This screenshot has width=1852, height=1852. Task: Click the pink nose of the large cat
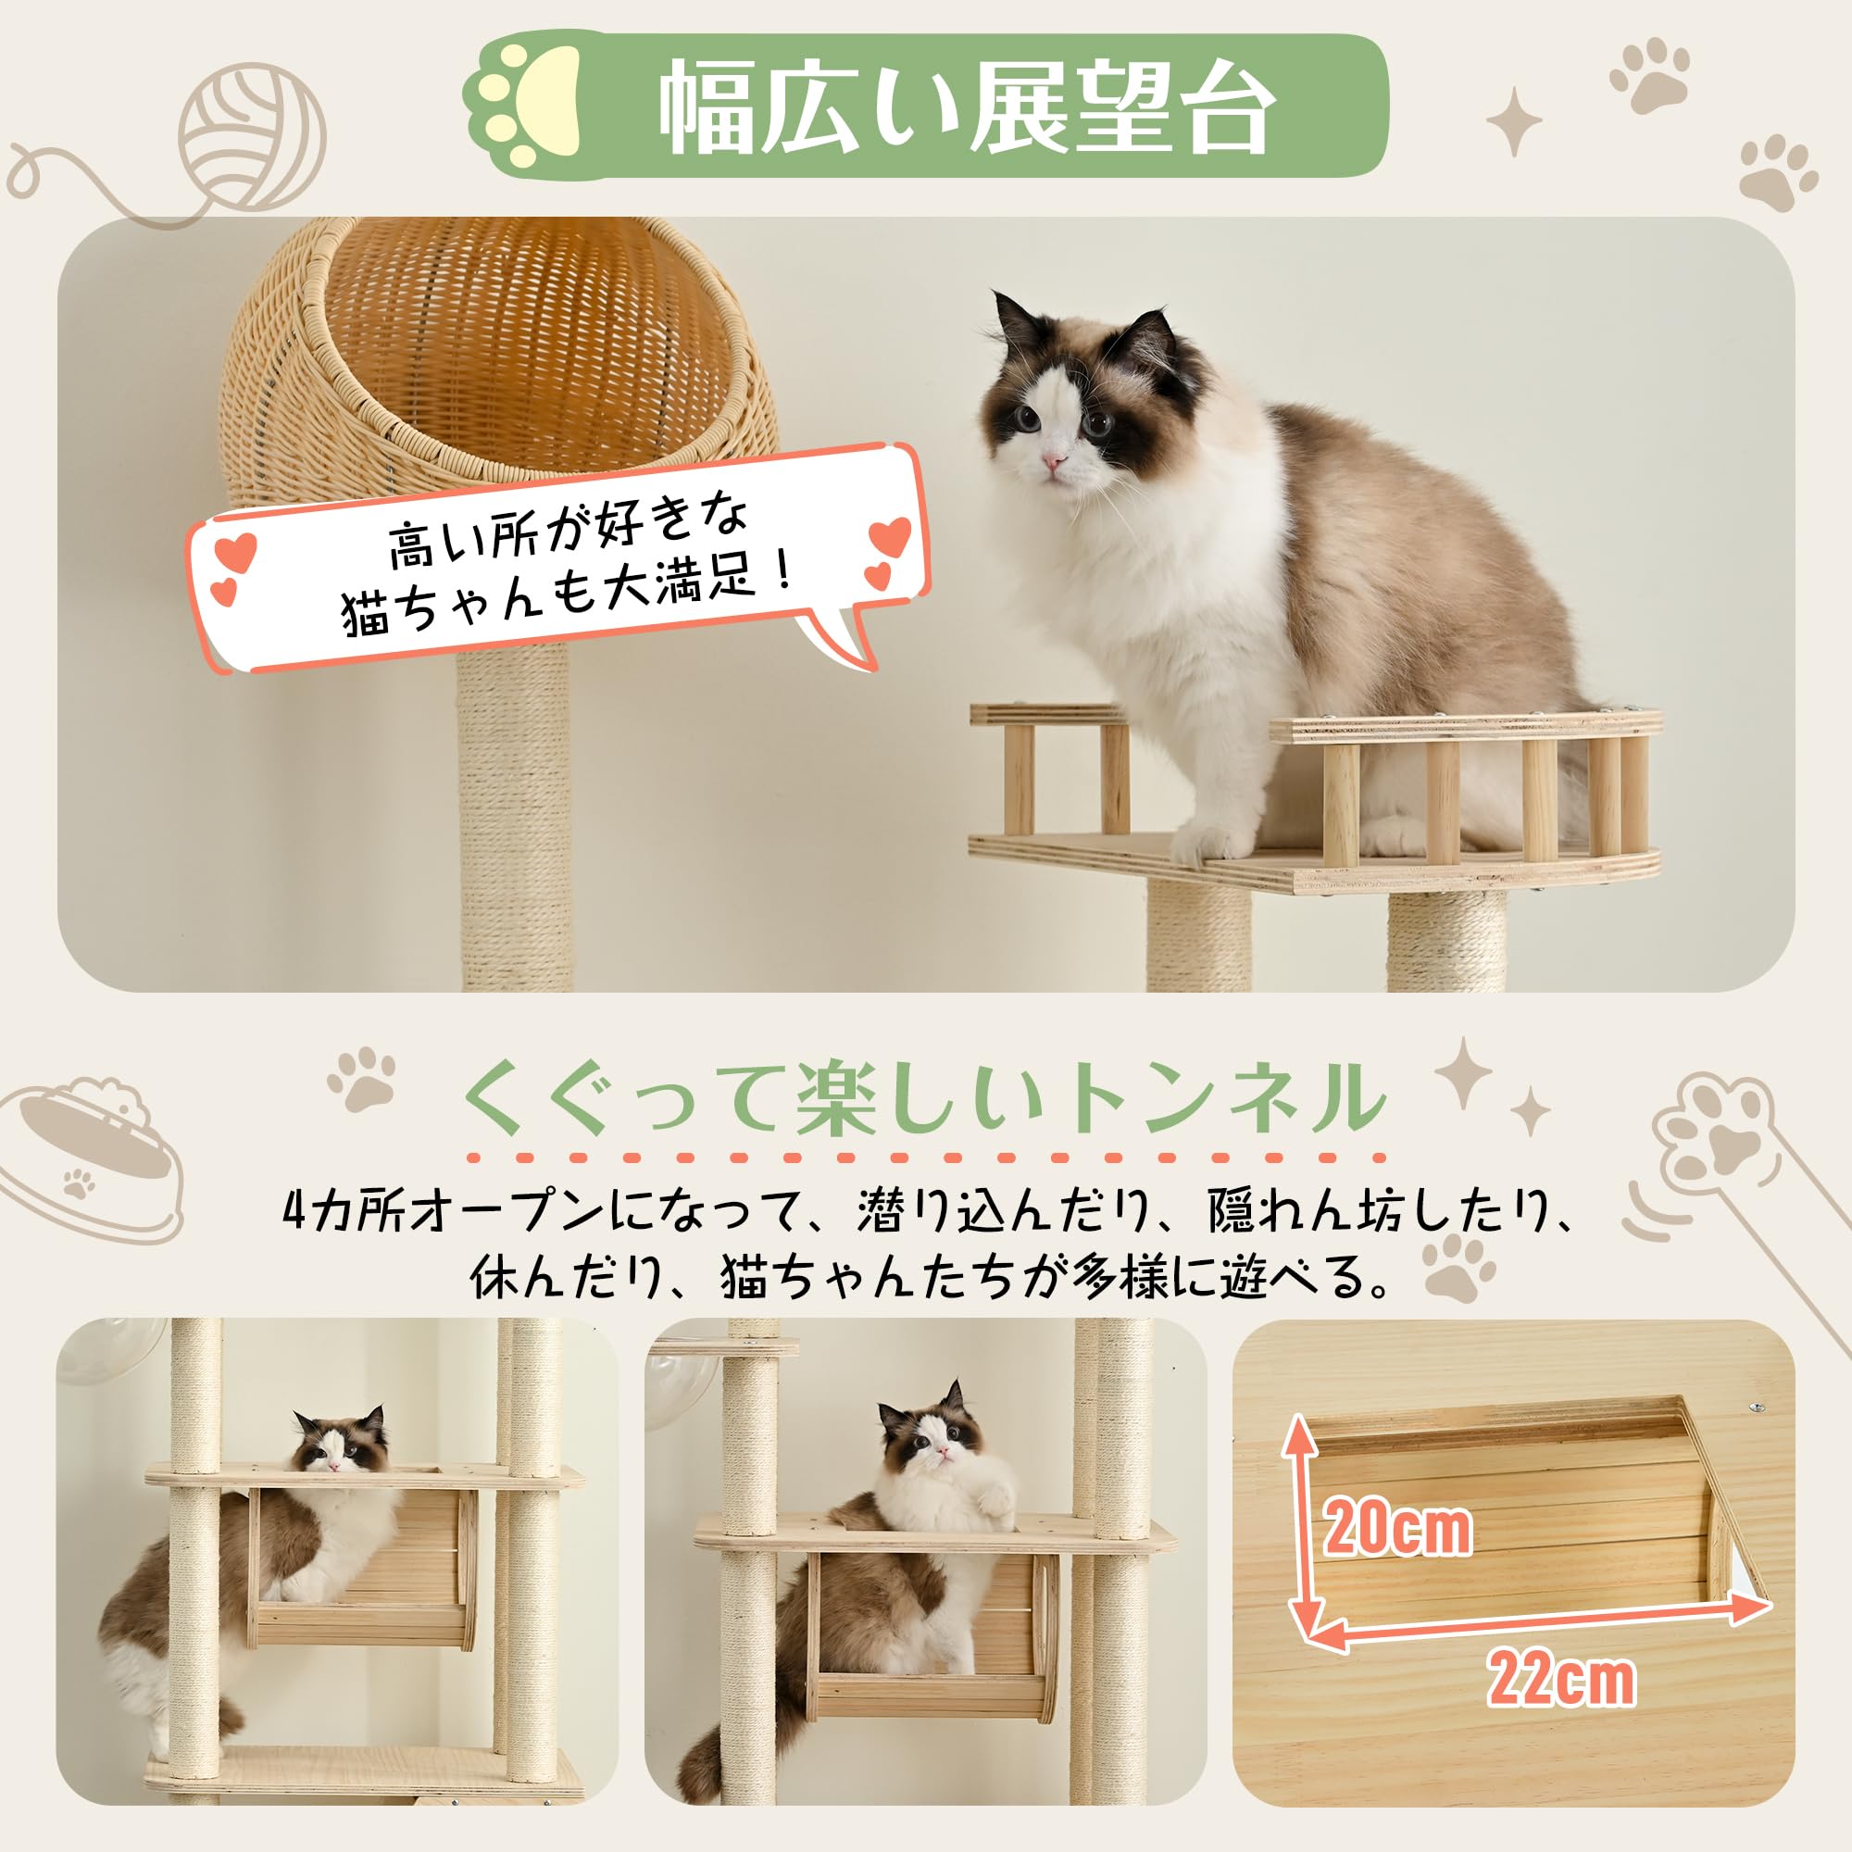click(1054, 462)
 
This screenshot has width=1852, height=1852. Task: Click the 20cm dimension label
click(1396, 1554)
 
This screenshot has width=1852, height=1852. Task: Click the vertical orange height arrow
click(1299, 1525)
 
